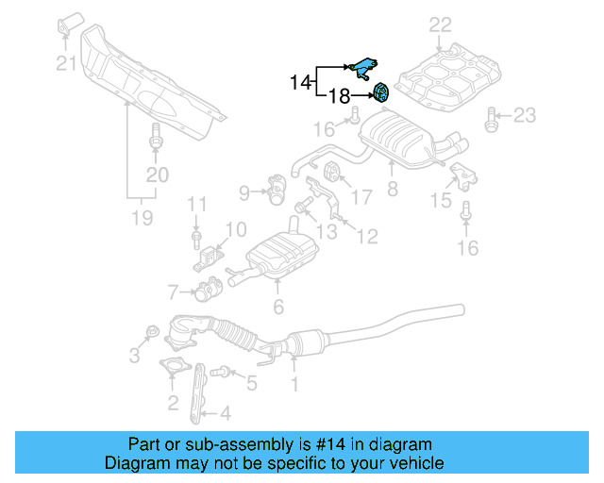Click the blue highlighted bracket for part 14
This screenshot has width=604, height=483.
tap(362, 69)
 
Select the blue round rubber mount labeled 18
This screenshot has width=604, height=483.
tap(382, 93)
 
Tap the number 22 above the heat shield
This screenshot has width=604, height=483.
tap(440, 25)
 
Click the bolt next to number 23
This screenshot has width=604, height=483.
tap(492, 118)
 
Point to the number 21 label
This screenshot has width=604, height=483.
tap(65, 63)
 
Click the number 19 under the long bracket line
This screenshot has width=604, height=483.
tap(142, 219)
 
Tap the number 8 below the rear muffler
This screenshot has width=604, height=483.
tap(392, 189)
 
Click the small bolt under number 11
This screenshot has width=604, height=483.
tap(195, 234)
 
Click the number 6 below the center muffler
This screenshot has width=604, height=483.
tap(277, 307)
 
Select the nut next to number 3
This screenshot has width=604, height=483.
tap(150, 333)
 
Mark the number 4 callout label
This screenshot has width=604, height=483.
tap(224, 412)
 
